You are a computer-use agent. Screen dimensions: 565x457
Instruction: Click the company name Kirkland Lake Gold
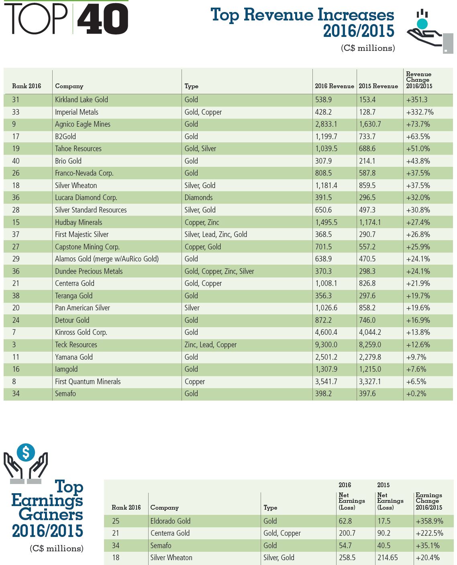(82, 100)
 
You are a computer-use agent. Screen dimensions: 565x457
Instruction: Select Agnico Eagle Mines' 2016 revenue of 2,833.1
(326, 124)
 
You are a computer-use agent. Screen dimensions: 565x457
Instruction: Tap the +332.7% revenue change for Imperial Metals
(420, 112)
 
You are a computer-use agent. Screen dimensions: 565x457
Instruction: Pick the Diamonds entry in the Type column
(198, 198)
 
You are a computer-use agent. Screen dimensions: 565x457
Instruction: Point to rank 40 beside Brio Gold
(16, 161)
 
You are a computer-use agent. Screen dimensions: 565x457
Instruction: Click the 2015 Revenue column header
(378, 86)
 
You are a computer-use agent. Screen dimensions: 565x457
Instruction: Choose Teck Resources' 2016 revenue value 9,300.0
(326, 345)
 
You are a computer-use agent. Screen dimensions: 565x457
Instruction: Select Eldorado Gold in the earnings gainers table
(170, 521)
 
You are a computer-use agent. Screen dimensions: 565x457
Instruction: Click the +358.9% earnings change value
(429, 521)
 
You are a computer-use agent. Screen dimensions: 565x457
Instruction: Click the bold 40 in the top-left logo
(103, 19)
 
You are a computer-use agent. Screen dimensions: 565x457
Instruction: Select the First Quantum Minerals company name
(88, 382)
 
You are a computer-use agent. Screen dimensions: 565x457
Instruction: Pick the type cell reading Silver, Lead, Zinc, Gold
(216, 235)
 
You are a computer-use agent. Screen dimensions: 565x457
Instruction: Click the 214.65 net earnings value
(388, 558)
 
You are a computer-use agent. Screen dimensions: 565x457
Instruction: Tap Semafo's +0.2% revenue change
(416, 394)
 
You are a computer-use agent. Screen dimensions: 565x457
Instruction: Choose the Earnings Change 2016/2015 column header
(428, 501)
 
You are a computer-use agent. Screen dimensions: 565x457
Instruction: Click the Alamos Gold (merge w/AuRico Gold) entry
(107, 259)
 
